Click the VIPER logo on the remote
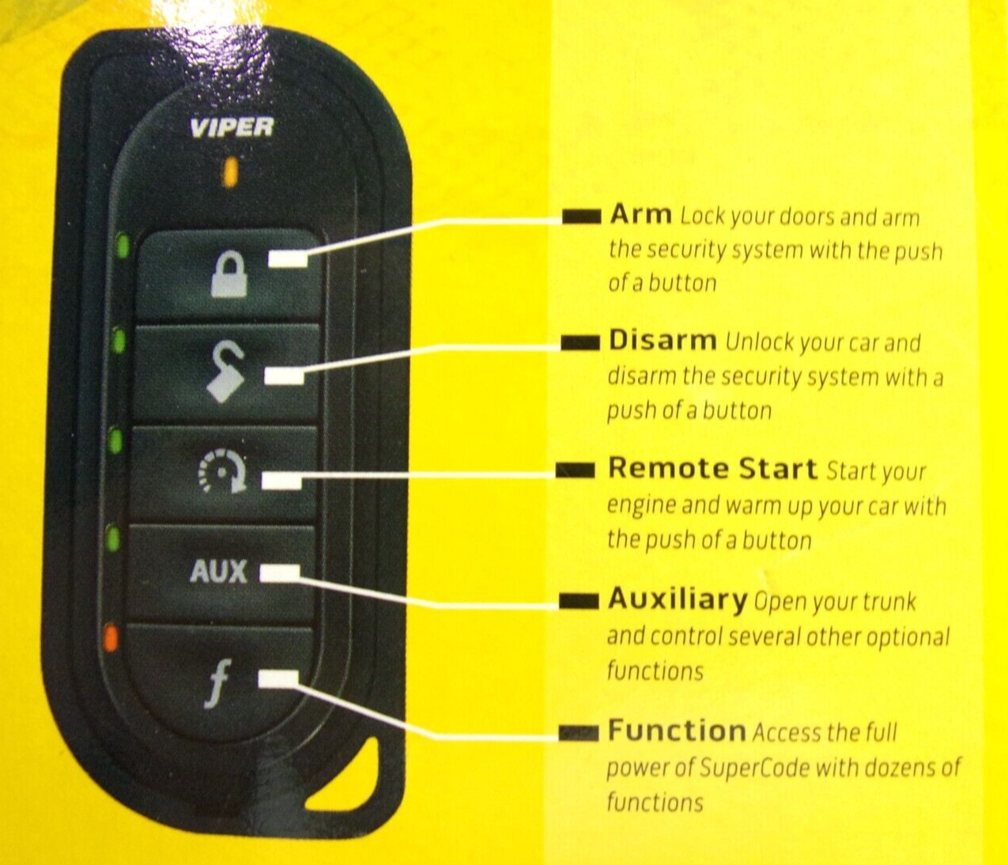point(232,128)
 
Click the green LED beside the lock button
point(123,246)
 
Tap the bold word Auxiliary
point(677,599)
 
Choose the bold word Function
point(677,731)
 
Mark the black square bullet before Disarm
point(580,343)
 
